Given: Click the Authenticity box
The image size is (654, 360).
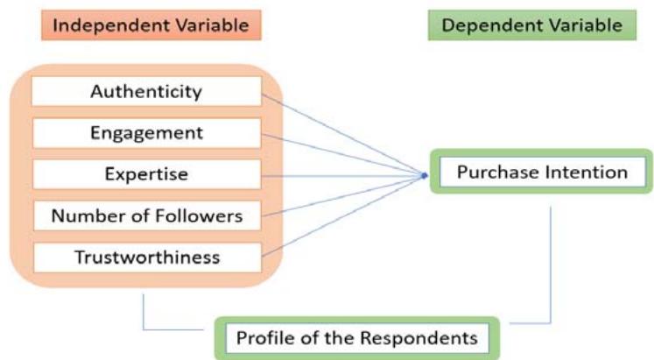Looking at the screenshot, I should [x=146, y=91].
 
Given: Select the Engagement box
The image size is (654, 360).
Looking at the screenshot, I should [x=146, y=132].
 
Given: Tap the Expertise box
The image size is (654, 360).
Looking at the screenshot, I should [x=146, y=173].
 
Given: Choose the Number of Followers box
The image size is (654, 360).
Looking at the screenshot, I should [x=146, y=215].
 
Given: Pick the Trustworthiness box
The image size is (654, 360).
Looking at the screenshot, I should [x=146, y=257].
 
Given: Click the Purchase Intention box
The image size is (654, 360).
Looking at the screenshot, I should [x=543, y=173].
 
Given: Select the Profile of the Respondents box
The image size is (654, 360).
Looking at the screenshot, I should [x=357, y=336].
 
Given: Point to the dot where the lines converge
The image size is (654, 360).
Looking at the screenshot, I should [x=424, y=176].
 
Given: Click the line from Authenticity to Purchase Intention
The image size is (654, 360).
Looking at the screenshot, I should [x=341, y=133].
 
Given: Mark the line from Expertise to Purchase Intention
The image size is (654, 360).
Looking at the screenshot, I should [x=341, y=175].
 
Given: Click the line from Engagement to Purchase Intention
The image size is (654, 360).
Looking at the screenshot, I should [x=341, y=154].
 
